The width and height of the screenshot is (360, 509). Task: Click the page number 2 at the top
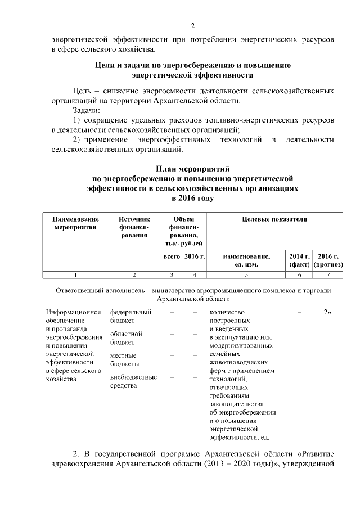pos(192,25)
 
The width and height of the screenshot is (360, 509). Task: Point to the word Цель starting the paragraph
pos(83,91)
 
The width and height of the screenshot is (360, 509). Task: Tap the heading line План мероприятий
pos(192,169)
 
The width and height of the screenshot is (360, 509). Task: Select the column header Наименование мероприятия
pos(75,223)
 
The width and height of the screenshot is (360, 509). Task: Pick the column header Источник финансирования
pos(133,227)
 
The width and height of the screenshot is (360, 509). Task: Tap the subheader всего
pos(170,256)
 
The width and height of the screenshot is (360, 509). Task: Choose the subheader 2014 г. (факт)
pos(299,260)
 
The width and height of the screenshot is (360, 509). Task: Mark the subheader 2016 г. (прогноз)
pos(328,260)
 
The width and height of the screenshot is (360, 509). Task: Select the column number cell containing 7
pos(328,274)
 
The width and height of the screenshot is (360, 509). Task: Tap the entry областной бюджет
pos(126,337)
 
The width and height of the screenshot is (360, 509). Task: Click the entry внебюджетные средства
pos(133,381)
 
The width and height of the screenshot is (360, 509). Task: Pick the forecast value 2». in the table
pos(328,312)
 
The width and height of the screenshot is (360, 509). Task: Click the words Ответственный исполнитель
pos(95,291)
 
